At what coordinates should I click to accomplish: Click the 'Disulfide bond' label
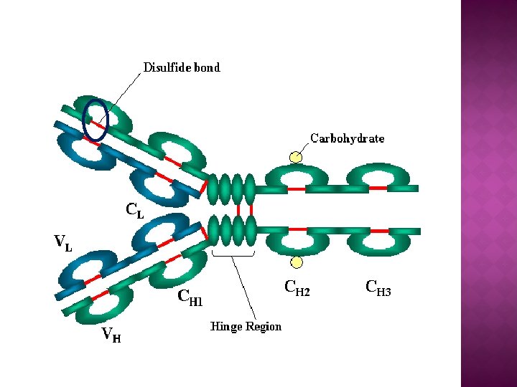182,68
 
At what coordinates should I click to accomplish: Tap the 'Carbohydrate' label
347,138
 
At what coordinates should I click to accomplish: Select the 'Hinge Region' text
246,327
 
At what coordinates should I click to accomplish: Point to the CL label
135,210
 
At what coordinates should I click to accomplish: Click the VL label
63,243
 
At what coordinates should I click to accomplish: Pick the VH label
111,334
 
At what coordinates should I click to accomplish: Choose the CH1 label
190,297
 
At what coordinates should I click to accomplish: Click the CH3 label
378,288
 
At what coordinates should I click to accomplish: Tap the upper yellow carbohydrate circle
296,157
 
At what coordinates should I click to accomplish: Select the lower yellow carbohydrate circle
296,262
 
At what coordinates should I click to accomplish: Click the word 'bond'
207,68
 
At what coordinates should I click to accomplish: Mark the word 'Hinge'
225,327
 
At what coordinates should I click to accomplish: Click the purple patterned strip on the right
488,193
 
